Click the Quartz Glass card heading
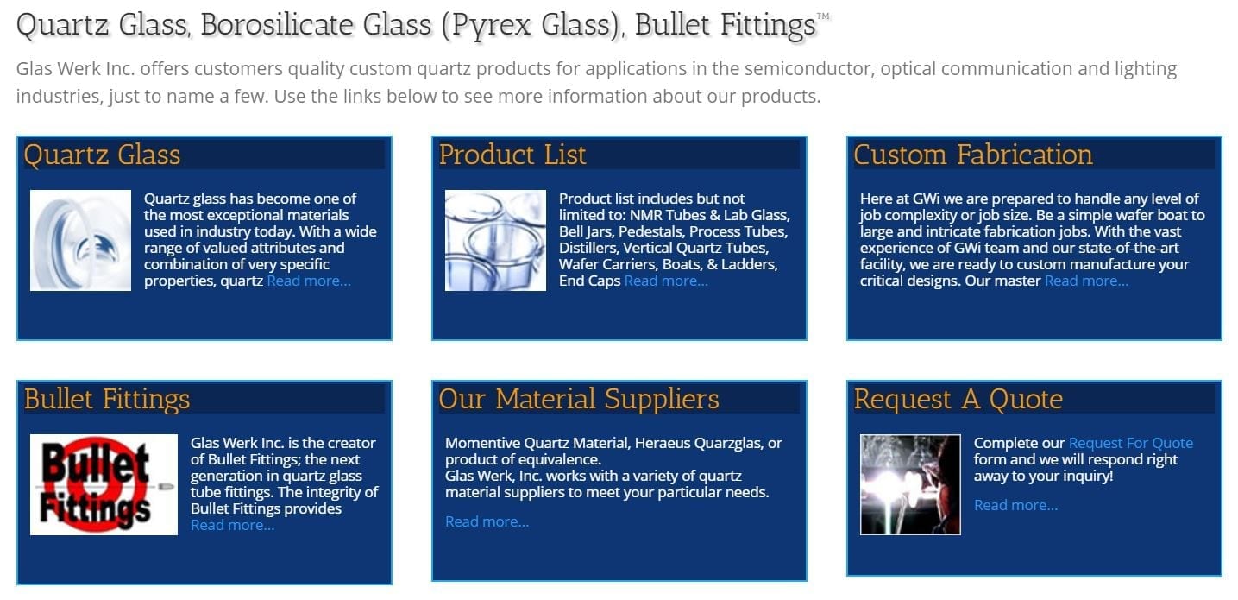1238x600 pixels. (102, 155)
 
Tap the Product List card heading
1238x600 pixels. (512, 155)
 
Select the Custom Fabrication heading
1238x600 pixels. (972, 155)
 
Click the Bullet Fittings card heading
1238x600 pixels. (107, 399)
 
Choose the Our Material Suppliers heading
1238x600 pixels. (578, 399)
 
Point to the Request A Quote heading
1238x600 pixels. (958, 399)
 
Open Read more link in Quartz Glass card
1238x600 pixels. (309, 281)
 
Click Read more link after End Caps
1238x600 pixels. (666, 281)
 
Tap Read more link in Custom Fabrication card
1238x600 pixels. (1086, 281)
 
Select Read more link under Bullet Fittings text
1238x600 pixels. (232, 525)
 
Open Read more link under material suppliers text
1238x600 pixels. (487, 521)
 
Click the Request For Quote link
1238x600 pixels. (1130, 443)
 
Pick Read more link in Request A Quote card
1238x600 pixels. (1015, 505)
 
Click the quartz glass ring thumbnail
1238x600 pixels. (80, 240)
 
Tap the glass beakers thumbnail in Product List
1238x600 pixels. (495, 240)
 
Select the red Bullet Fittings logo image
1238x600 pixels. (104, 484)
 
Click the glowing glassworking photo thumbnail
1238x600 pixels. (910, 484)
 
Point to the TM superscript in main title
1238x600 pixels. (823, 16)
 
